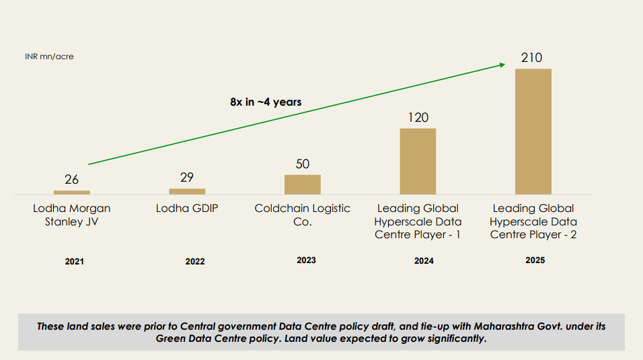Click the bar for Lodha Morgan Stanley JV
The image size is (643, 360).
pos(72,192)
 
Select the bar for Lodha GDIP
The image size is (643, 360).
pos(187,191)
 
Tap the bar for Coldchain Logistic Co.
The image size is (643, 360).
pos(303,184)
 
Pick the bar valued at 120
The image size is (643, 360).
pos(418,161)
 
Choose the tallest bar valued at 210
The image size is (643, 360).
pos(533,132)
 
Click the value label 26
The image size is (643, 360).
pos(72,180)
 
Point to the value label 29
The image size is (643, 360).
pos(187,177)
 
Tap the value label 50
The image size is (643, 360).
pos(303,164)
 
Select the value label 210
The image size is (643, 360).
pos(531,58)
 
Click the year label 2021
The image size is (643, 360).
pos(75,261)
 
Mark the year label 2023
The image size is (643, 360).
pos(306,260)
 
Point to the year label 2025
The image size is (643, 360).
pos(535,260)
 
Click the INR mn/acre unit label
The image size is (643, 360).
pos(49,57)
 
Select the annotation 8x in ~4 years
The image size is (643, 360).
pos(266,102)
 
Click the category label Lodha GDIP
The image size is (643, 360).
pos(187,209)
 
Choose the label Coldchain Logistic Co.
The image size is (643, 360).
pos(303,215)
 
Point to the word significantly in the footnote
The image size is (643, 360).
pos(451,338)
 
